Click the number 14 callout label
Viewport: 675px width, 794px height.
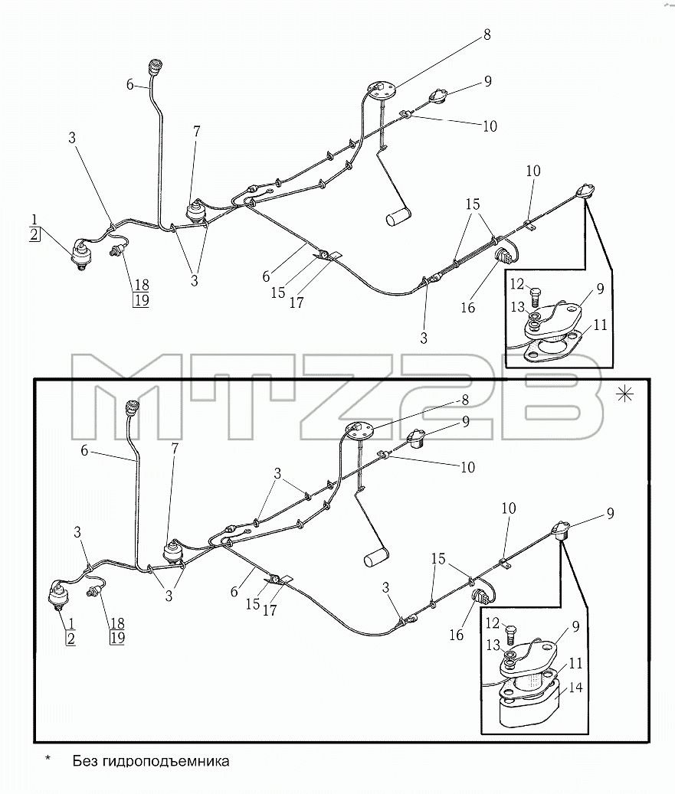(575, 688)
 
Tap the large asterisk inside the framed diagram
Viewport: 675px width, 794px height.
(625, 394)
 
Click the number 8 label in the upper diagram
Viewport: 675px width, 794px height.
(487, 35)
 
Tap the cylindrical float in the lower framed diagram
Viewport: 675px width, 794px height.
(376, 557)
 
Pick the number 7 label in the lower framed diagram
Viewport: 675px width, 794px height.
(175, 448)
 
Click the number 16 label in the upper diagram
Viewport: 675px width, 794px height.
(467, 307)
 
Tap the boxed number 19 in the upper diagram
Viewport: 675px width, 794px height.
(142, 300)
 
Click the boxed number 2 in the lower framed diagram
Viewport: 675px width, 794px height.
(70, 639)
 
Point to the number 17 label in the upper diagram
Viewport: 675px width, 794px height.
(297, 302)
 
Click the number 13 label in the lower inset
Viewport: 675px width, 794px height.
(493, 645)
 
